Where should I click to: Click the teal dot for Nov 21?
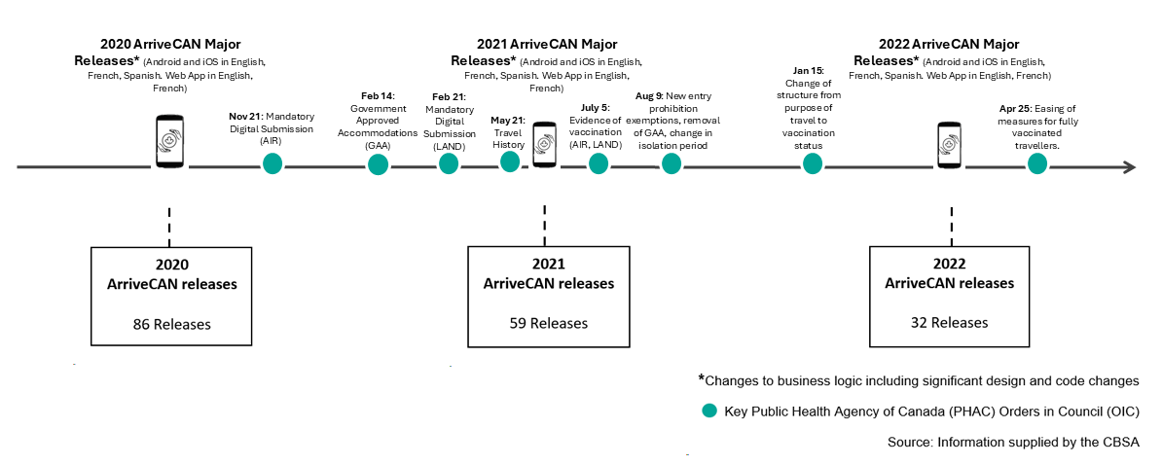click(x=272, y=163)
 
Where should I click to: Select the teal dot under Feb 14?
click(x=378, y=163)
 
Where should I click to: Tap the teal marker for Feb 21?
click(x=449, y=163)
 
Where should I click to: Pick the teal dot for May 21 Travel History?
click(x=510, y=161)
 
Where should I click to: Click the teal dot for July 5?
click(x=598, y=163)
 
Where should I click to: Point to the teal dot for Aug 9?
click(x=672, y=163)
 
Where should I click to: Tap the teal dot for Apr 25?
click(x=1039, y=164)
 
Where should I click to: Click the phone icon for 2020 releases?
click(x=171, y=142)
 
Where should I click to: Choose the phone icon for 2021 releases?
click(x=545, y=153)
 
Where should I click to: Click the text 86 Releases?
click(x=171, y=323)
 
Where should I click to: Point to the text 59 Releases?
click(x=549, y=323)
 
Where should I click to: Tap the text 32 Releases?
click(x=949, y=322)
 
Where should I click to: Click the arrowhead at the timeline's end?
click(x=1128, y=167)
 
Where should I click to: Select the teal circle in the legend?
click(x=709, y=411)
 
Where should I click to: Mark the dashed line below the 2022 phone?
click(x=950, y=225)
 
